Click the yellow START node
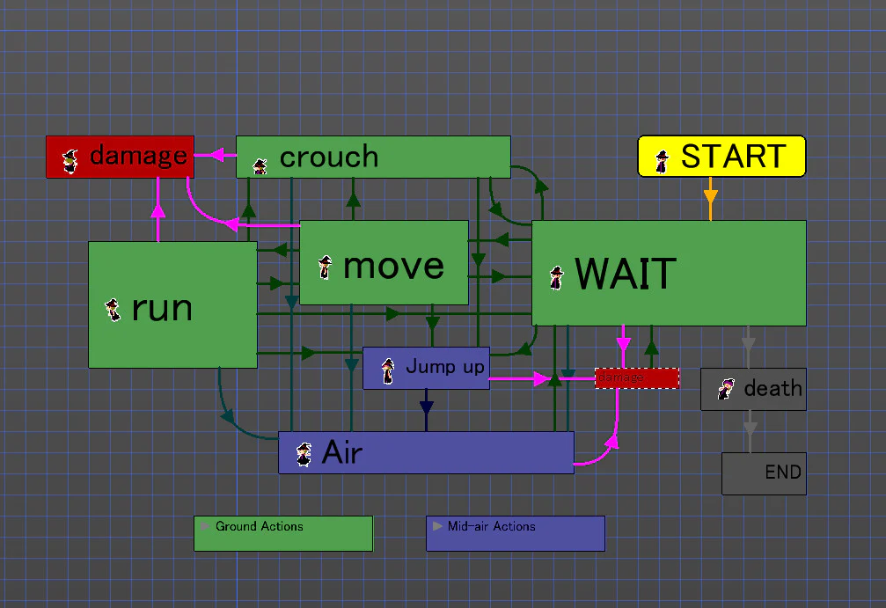click(x=721, y=157)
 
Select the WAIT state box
click(x=669, y=273)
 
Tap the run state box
click(x=172, y=304)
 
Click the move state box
click(x=384, y=263)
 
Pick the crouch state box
click(x=373, y=157)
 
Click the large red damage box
click(x=120, y=157)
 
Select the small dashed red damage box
click(x=637, y=378)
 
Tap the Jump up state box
click(x=426, y=368)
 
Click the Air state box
click(x=426, y=452)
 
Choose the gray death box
click(x=753, y=389)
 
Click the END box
click(x=764, y=473)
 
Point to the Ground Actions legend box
click(x=283, y=533)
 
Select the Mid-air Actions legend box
click(x=516, y=533)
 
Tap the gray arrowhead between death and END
click(x=750, y=429)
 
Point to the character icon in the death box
click(x=726, y=389)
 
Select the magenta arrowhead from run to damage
click(x=158, y=209)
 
